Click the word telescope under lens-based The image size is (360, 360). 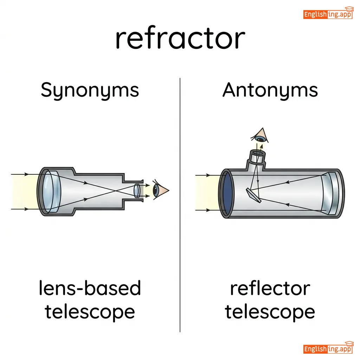coord(90,311)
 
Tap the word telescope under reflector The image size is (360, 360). coord(270,311)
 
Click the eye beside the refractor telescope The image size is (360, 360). coord(158,190)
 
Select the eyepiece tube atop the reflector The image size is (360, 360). coord(257,158)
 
